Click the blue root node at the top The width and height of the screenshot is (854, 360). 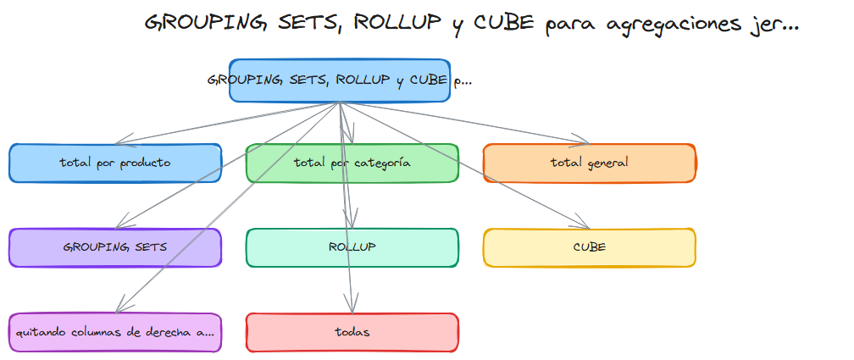339,80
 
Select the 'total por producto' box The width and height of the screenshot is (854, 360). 115,163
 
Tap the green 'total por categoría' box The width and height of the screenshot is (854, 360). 352,163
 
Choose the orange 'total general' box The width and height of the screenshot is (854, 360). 589,163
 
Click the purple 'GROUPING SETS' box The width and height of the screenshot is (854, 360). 115,247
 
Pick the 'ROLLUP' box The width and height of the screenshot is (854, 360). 352,247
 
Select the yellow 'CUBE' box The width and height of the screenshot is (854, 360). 589,247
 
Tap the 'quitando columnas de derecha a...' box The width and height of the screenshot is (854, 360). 115,332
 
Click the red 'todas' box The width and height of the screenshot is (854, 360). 352,332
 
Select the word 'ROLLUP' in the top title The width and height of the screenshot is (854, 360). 396,24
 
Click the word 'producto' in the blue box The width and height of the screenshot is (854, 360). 143,163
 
